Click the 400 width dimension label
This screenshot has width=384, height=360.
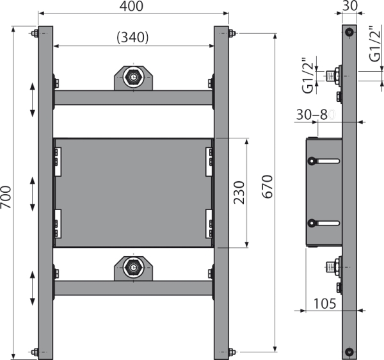click(x=131, y=6)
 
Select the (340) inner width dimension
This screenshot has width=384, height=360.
click(x=132, y=38)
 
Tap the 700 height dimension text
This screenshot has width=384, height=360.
click(x=6, y=197)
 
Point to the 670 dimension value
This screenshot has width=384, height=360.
click(x=267, y=186)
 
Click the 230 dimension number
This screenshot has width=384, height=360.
click(x=239, y=192)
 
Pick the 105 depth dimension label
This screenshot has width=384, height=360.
click(x=324, y=304)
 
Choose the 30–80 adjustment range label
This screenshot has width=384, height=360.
click(x=316, y=115)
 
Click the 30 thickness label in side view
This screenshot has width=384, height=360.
click(x=349, y=6)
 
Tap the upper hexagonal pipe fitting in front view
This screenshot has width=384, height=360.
click(x=133, y=78)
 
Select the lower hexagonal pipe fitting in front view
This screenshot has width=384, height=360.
click(x=133, y=267)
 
